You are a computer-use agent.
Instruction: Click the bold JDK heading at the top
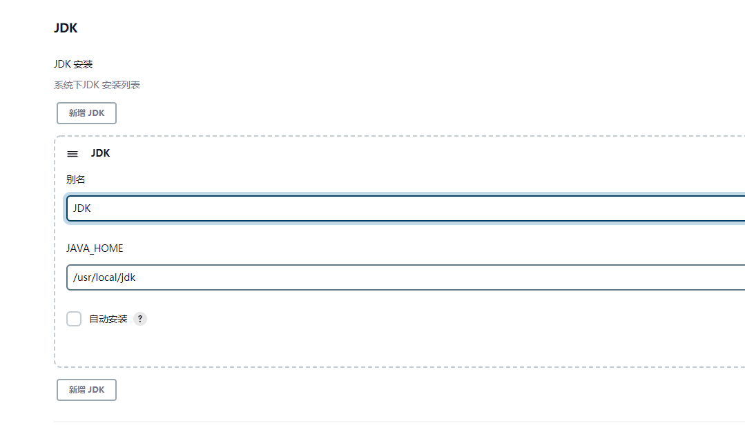pos(66,28)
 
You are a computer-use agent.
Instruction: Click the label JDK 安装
pos(73,64)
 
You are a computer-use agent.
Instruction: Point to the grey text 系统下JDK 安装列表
pos(97,85)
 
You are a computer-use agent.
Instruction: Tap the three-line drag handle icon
pos(72,154)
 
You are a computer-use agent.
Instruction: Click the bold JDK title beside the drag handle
pos(100,153)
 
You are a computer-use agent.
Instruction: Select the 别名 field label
pos(76,179)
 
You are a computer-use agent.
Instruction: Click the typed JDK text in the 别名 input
pos(82,208)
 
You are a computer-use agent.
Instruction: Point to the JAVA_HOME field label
pos(95,248)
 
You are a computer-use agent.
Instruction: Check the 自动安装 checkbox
pos(74,319)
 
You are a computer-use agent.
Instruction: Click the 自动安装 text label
pos(108,319)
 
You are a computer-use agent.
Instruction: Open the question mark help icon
pos(140,319)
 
